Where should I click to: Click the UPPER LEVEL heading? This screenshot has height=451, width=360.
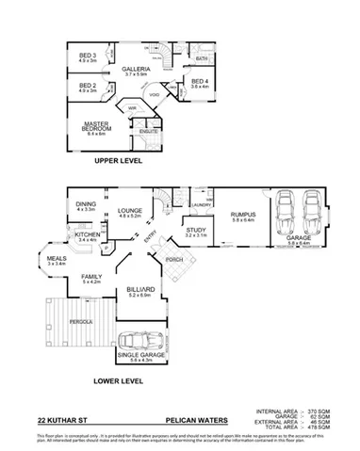(x=118, y=161)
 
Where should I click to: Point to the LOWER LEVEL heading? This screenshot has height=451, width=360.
(x=118, y=381)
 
